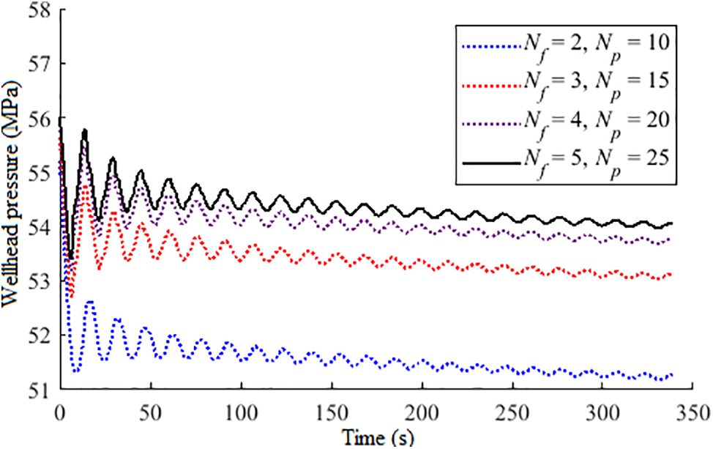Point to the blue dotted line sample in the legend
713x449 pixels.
pyautogui.click(x=488, y=45)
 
